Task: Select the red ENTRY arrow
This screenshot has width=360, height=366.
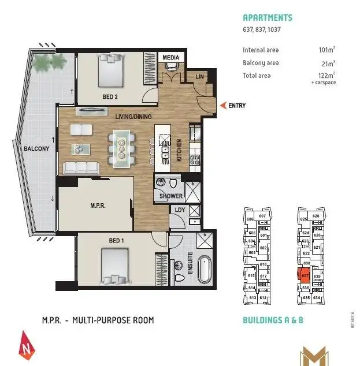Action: click(x=222, y=106)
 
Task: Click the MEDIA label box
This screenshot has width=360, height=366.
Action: click(x=170, y=58)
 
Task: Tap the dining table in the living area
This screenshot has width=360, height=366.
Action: click(x=121, y=144)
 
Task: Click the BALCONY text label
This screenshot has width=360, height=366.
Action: click(x=36, y=148)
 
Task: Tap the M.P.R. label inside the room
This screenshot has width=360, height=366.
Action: click(x=97, y=205)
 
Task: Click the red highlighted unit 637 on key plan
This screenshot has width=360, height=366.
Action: click(x=304, y=276)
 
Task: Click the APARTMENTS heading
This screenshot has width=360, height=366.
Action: click(x=268, y=18)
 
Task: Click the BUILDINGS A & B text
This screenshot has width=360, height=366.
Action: click(x=273, y=320)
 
